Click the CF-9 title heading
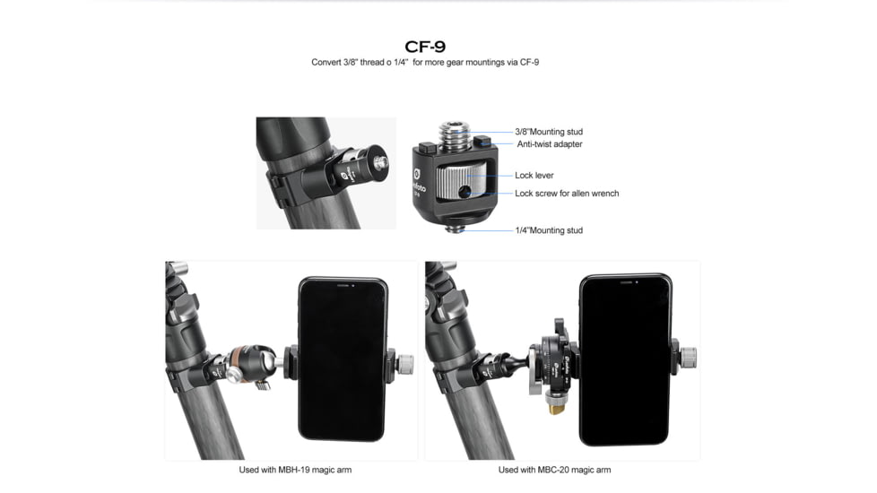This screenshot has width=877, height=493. [425, 47]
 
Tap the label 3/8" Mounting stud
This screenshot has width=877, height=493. [549, 132]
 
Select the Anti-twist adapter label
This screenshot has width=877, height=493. [549, 144]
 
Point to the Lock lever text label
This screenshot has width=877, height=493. [534, 176]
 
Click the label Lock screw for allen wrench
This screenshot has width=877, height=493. [566, 194]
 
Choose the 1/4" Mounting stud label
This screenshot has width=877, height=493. [549, 230]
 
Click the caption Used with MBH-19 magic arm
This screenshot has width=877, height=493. [295, 470]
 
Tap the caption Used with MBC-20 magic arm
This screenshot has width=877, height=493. [554, 470]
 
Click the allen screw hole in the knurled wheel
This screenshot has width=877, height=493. [464, 192]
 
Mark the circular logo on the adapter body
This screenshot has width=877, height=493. [417, 174]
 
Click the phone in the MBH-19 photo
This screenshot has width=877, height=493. [343, 359]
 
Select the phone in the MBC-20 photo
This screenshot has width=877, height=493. [625, 359]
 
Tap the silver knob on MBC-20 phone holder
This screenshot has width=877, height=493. [689, 358]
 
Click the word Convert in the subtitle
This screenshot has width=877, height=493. [326, 63]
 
